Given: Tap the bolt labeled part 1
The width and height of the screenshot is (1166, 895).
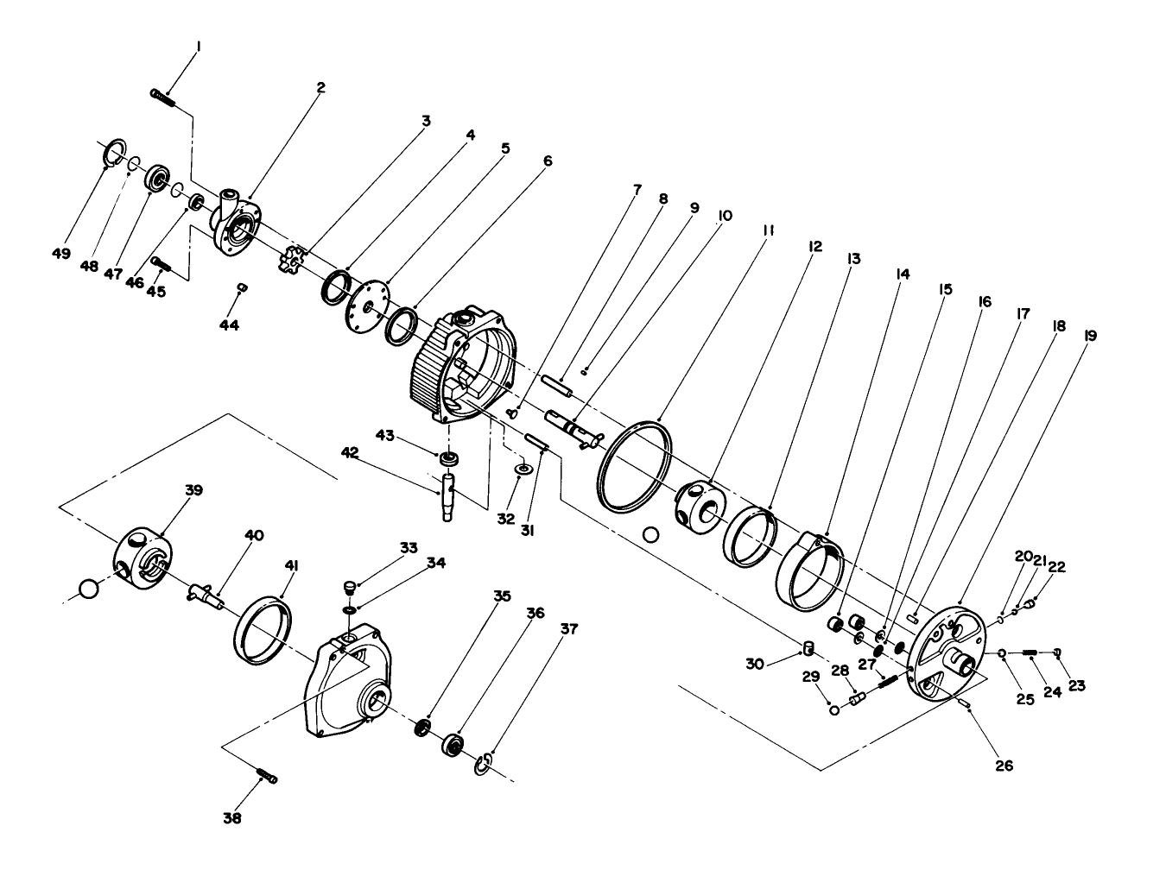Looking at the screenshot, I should click(162, 97).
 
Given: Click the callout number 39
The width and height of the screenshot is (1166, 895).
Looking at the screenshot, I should click(193, 489).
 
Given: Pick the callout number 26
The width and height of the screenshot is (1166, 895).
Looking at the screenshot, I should click(1004, 765).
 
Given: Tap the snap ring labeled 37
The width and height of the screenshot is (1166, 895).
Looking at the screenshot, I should click(485, 763).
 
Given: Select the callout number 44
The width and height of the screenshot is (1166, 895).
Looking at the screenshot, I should click(229, 325).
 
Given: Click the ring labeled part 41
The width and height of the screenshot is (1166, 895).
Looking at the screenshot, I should click(263, 630).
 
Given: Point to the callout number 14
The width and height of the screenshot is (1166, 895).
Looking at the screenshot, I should click(903, 274).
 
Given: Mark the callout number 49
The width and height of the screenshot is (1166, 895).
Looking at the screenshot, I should click(60, 253).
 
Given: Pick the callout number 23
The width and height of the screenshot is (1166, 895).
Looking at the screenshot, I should click(1076, 686).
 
